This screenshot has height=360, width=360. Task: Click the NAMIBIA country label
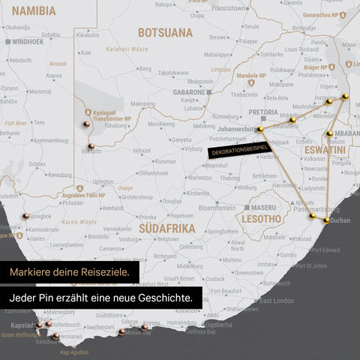[34, 11]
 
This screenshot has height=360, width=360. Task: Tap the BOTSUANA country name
[165, 33]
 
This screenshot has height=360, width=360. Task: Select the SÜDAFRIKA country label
[166, 228]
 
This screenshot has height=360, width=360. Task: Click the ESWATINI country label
[325, 151]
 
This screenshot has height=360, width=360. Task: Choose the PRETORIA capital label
[262, 112]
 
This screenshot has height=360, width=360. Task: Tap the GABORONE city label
[189, 91]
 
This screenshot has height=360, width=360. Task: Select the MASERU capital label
[262, 207]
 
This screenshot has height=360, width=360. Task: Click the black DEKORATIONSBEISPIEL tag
[238, 151]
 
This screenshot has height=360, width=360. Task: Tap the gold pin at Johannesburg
[260, 130]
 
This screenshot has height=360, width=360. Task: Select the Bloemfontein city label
[217, 207]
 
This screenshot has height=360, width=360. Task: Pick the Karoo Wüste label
[79, 223]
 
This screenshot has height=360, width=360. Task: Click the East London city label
[277, 300]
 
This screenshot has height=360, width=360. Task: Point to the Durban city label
[340, 220]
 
